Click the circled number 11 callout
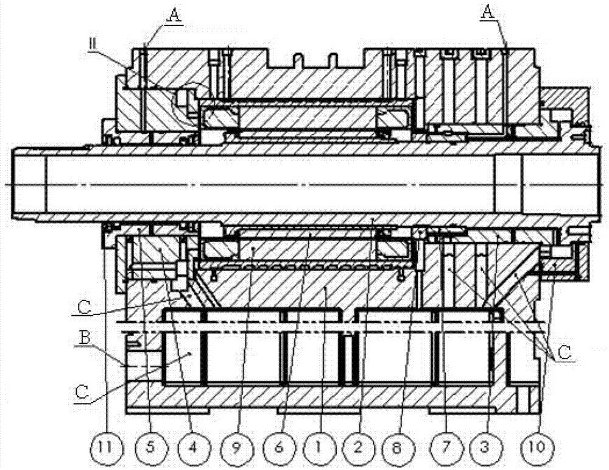(106, 447)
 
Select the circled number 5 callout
(150, 447)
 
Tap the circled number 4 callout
(194, 447)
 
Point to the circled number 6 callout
(278, 447)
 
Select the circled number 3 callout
(484, 447)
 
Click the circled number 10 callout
(537, 447)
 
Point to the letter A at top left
(175, 15)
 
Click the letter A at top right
(488, 13)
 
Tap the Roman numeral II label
(93, 44)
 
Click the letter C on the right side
(564, 352)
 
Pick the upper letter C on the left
(84, 307)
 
